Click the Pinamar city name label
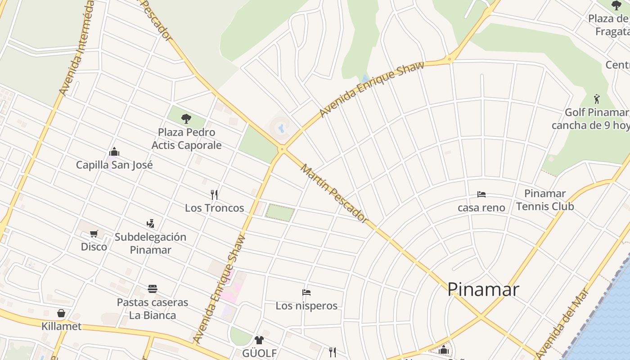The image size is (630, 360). pyautogui.click(x=483, y=289)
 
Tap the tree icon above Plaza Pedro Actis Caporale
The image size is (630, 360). pyautogui.click(x=186, y=119)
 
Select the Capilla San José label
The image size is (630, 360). pyautogui.click(x=114, y=165)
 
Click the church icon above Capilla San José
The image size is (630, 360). pyautogui.click(x=114, y=152)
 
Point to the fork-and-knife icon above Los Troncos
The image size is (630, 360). pyautogui.click(x=214, y=194)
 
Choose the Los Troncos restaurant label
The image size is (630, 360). pyautogui.click(x=214, y=208)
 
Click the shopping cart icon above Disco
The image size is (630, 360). pyautogui.click(x=94, y=234)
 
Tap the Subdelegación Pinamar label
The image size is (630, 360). pyautogui.click(x=150, y=243)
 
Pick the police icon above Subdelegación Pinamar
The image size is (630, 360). pyautogui.click(x=150, y=223)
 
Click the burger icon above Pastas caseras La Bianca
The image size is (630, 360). pyautogui.click(x=153, y=288)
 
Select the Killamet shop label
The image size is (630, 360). pyautogui.click(x=62, y=326)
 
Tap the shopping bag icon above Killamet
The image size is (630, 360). pyautogui.click(x=61, y=313)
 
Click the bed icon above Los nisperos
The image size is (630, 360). pyautogui.click(x=306, y=292)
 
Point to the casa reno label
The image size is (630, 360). pyautogui.click(x=481, y=208)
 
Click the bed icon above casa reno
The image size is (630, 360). pyautogui.click(x=481, y=194)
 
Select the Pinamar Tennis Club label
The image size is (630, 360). pyautogui.click(x=545, y=200)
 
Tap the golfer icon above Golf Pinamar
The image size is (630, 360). pyautogui.click(x=597, y=99)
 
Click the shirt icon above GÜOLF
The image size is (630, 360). pyautogui.click(x=259, y=340)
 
